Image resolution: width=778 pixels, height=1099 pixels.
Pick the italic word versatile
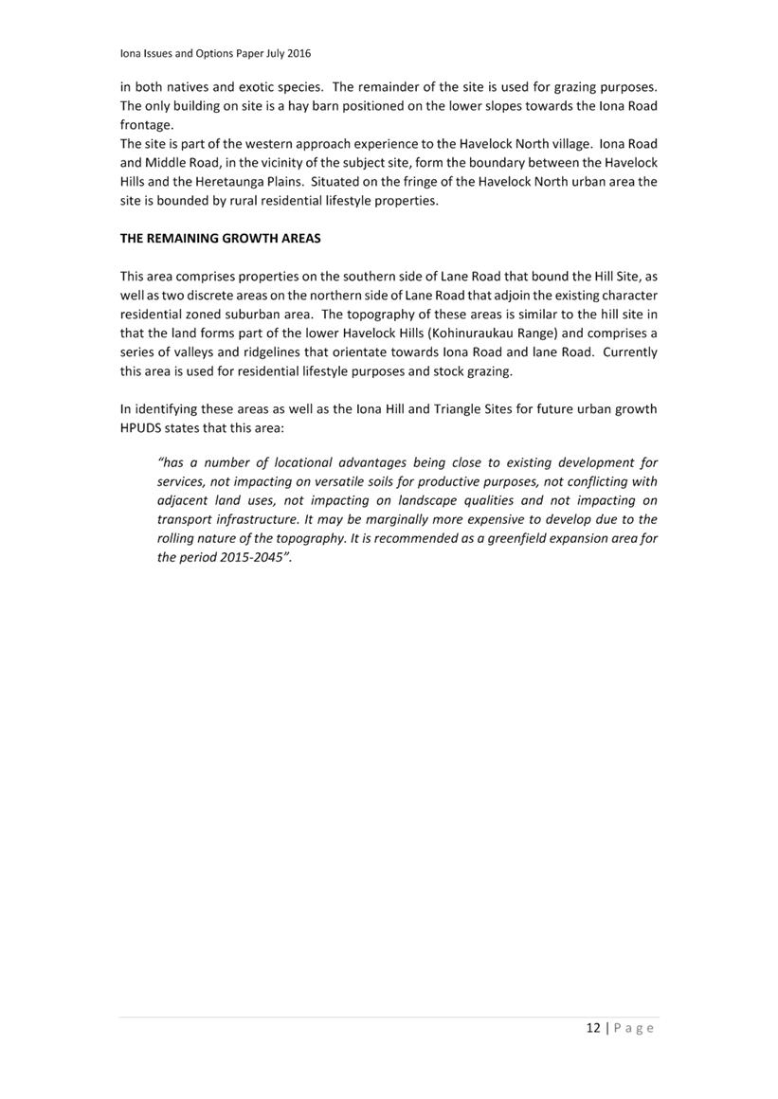pos(354,481)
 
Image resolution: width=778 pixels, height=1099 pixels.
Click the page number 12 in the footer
pos(593,1028)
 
